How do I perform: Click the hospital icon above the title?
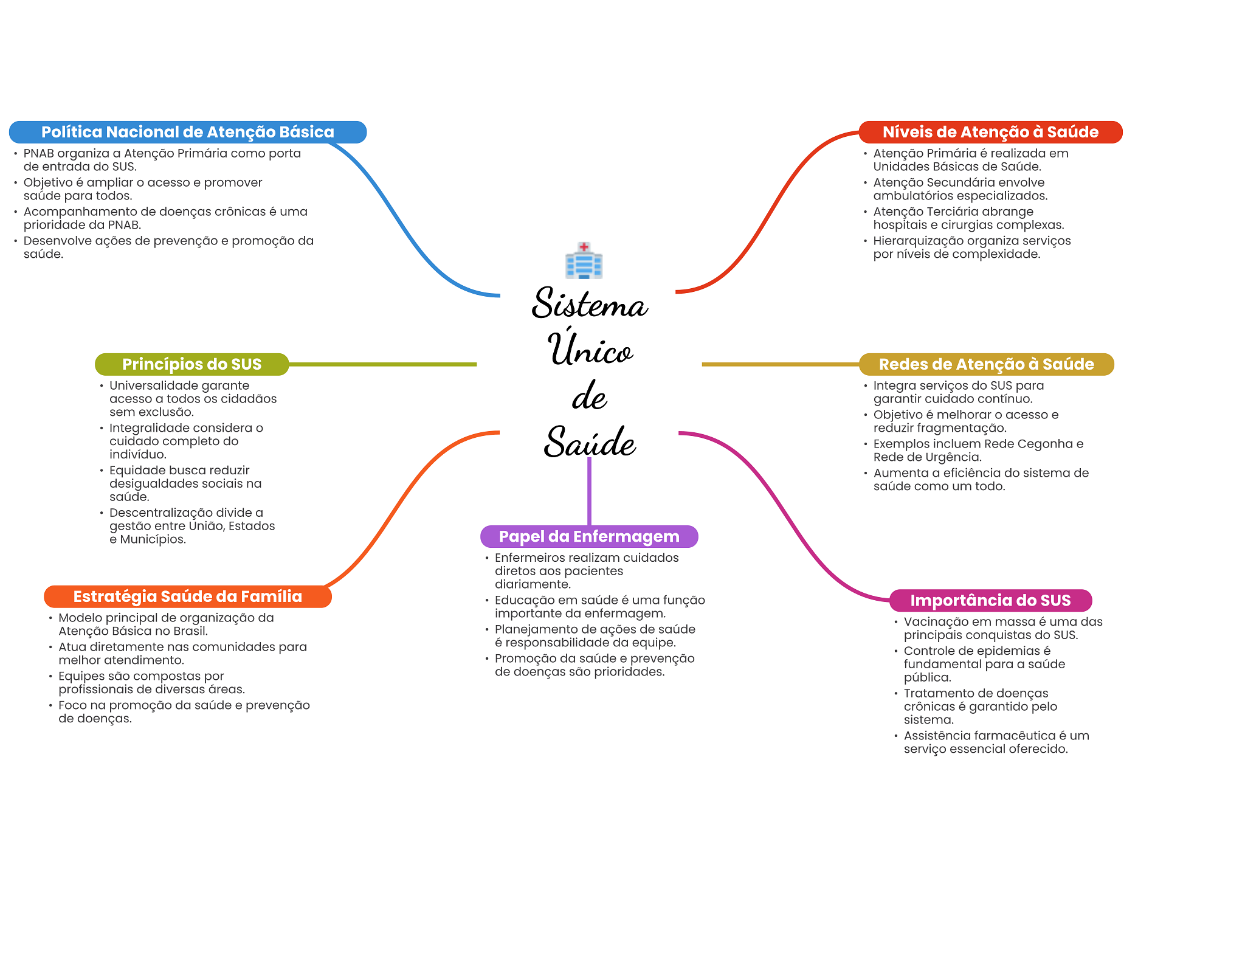pos(584,261)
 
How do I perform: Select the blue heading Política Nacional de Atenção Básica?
pos(187,132)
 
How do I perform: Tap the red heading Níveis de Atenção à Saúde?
pos(990,132)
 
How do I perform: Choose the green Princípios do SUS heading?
pos(191,364)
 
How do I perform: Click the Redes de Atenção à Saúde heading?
pos(986,364)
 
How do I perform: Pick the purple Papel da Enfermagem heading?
pos(588,536)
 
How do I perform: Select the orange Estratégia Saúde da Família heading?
pos(187,596)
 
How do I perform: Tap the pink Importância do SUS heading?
pos(990,600)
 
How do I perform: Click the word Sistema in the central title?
pos(589,304)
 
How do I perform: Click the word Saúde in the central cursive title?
pos(589,442)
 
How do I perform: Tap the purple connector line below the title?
pos(589,493)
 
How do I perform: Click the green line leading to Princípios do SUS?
pos(383,364)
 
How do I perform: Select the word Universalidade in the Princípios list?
pos(149,385)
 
